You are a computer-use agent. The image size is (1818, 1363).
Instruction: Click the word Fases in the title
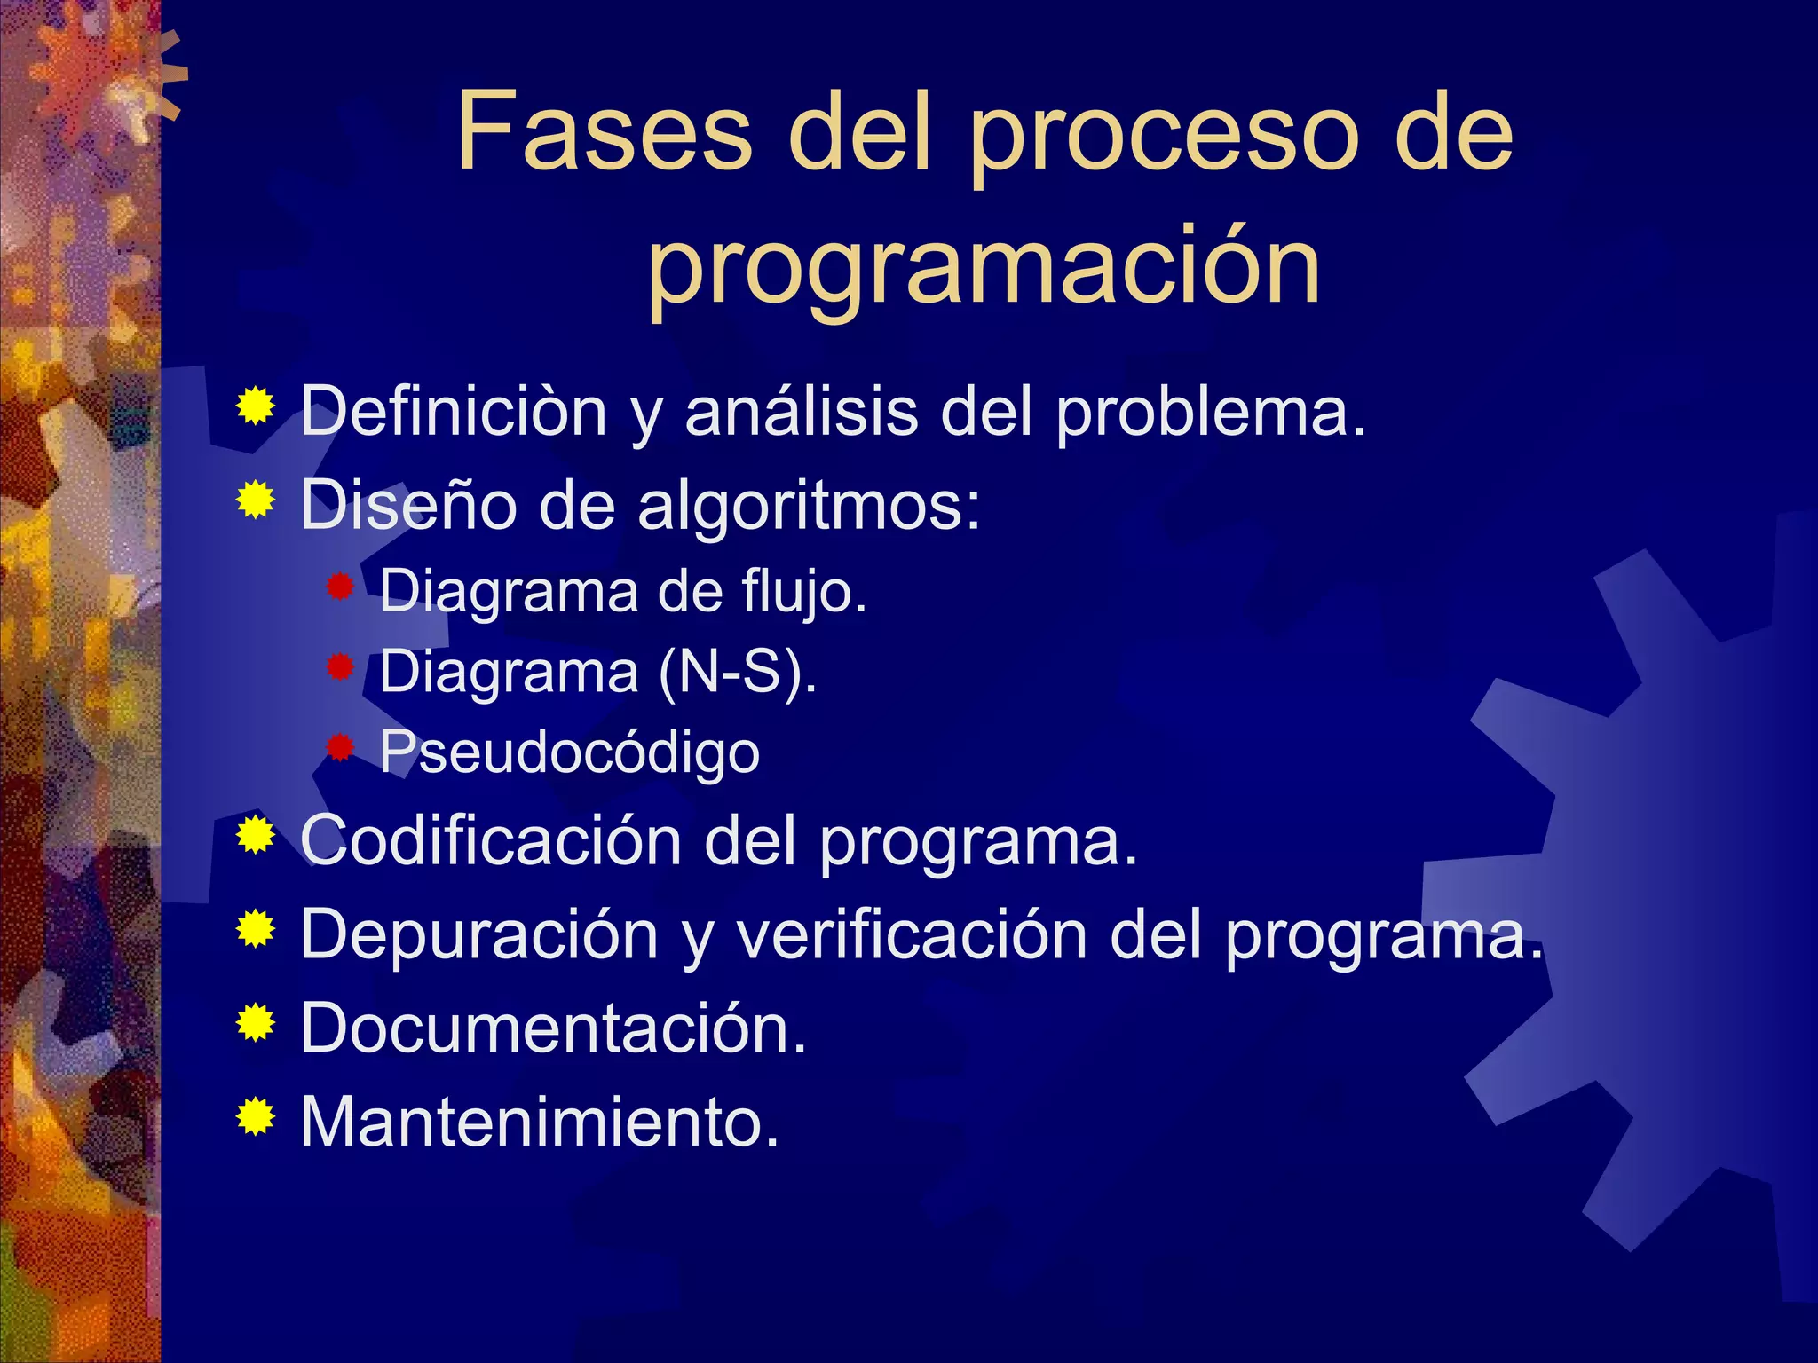[x=605, y=132]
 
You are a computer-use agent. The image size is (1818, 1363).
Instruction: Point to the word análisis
[x=801, y=412]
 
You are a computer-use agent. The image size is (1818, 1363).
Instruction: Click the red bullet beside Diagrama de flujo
[x=340, y=587]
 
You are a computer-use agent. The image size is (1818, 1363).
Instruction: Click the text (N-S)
[x=737, y=672]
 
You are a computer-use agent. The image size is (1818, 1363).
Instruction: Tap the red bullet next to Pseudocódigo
[x=340, y=747]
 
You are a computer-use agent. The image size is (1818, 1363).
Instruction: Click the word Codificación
[x=491, y=839]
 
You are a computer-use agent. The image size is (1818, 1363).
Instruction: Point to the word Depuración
[x=479, y=935]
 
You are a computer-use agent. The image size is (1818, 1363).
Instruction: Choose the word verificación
[x=912, y=934]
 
